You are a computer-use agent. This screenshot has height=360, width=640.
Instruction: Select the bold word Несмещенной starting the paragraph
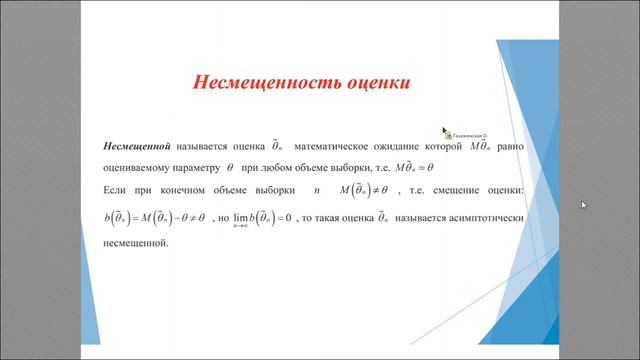pyautogui.click(x=140, y=146)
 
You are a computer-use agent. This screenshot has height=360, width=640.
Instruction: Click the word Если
pyautogui.click(x=117, y=191)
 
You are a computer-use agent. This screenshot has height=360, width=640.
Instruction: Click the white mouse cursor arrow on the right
pyautogui.click(x=584, y=205)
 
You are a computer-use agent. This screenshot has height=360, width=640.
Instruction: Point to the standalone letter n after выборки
pyautogui.click(x=317, y=191)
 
